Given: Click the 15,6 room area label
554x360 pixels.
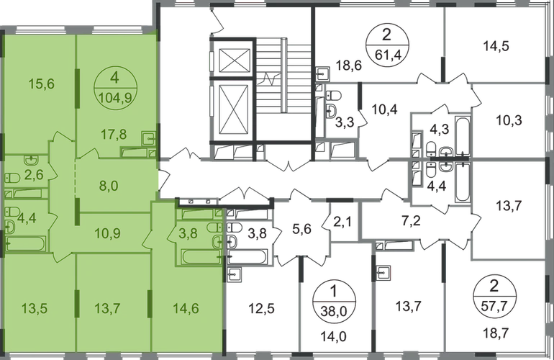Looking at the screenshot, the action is pos(41,84).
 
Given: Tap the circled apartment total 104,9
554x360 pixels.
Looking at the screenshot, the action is pos(116,97).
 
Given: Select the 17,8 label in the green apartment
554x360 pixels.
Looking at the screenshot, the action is pos(114,135).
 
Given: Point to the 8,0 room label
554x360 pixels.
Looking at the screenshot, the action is pos(109,186).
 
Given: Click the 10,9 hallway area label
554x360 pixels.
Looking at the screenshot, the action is pos(108,233).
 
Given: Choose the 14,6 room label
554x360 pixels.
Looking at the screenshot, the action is pos(186,308).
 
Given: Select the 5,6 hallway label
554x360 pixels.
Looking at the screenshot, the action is pos(302,229).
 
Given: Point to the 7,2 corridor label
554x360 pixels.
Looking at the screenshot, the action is pos(412,220).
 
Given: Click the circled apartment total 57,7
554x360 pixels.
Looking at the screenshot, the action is pos(494,306).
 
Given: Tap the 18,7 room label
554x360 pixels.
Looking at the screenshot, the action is pos(494,333).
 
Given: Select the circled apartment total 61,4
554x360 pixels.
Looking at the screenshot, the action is pos(388,55).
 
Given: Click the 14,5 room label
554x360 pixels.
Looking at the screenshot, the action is pos(496,46).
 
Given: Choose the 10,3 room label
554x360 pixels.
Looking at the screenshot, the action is pos(509,120).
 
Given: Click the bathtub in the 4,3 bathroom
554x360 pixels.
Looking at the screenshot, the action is pos(463,135).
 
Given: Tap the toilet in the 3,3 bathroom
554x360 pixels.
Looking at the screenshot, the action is pos(333,95).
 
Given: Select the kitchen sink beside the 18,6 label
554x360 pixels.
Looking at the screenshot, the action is pos(323,73).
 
